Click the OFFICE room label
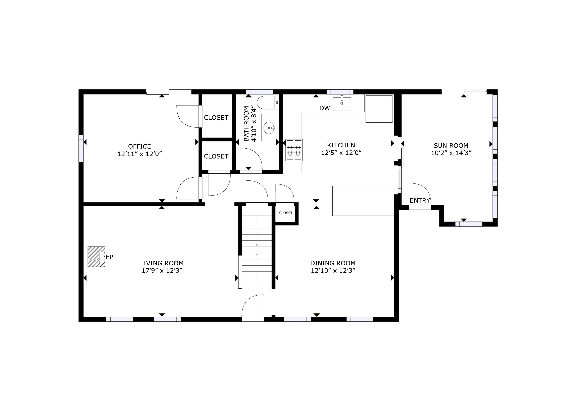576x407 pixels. pyautogui.click(x=139, y=146)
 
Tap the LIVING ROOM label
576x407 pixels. pyautogui.click(x=162, y=263)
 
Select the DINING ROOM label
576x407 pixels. pyautogui.click(x=333, y=263)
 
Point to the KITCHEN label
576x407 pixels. pyautogui.click(x=341, y=145)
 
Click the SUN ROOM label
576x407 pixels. pyautogui.click(x=451, y=146)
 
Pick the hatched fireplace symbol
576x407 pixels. pyautogui.click(x=96, y=257)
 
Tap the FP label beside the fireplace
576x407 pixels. pyautogui.click(x=110, y=257)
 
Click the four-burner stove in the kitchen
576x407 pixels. pyautogui.click(x=294, y=150)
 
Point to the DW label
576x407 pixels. pyautogui.click(x=324, y=108)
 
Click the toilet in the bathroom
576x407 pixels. pyautogui.click(x=268, y=102)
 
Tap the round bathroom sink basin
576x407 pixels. pyautogui.click(x=269, y=128)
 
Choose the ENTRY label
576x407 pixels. pyautogui.click(x=420, y=200)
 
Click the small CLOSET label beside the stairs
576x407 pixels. pyautogui.click(x=286, y=213)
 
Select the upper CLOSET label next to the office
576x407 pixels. pyautogui.click(x=216, y=118)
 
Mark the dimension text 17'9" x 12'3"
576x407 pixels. pyautogui.click(x=162, y=271)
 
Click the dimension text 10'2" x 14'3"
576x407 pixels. pyautogui.click(x=451, y=153)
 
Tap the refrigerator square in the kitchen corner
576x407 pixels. pyautogui.click(x=379, y=109)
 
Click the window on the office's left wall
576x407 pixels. pyautogui.click(x=81, y=148)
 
